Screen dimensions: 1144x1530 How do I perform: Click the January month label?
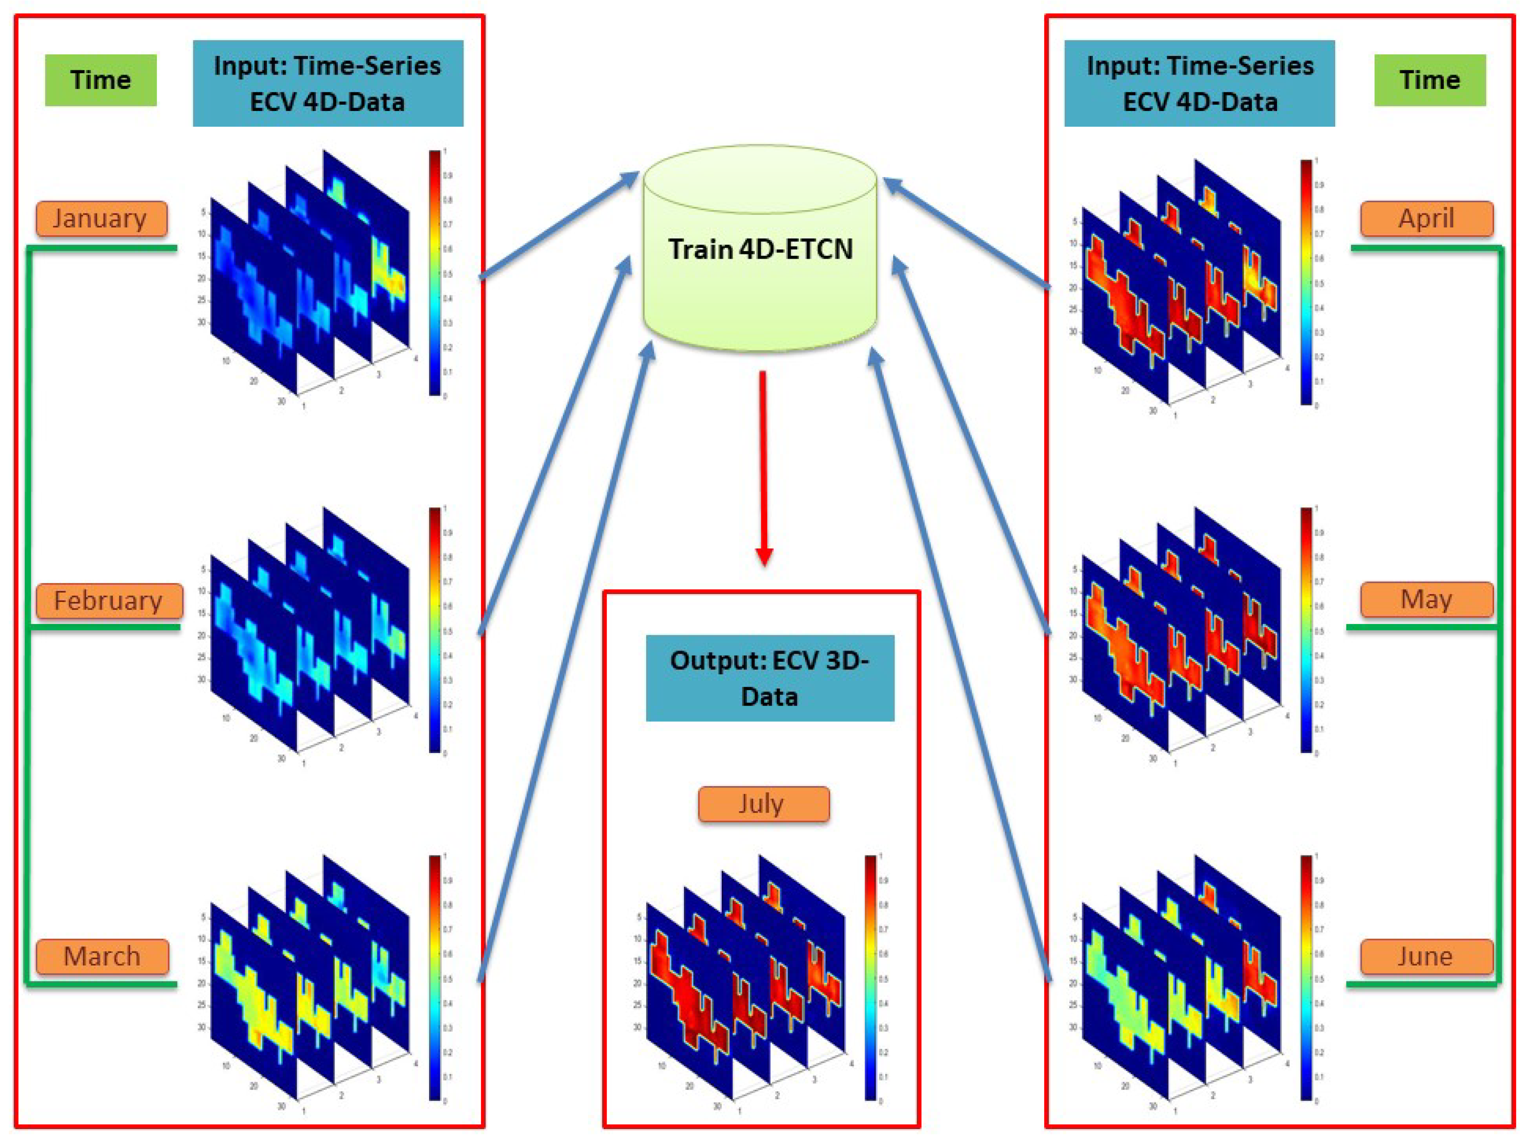[102, 219]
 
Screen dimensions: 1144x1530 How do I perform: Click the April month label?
[1426, 219]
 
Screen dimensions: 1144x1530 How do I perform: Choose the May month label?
[1426, 599]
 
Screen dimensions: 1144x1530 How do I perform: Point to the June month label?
[1426, 957]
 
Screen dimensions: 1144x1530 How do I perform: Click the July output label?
[763, 804]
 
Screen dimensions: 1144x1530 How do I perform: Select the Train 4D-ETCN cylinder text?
[760, 249]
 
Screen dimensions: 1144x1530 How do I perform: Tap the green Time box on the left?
[101, 80]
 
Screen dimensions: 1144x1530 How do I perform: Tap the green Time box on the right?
[1430, 80]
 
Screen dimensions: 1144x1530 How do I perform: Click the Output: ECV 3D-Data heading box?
[770, 678]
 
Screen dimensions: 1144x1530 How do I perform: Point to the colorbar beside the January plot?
[434, 273]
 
